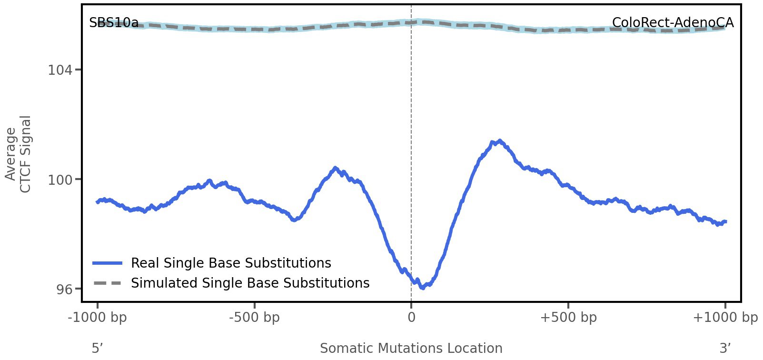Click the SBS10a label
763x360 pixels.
pos(114,23)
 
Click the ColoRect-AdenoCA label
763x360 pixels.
pos(673,23)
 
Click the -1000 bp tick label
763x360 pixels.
pos(98,318)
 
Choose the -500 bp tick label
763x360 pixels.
pos(254,318)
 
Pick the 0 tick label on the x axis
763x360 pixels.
pos(411,318)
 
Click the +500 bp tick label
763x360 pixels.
pos(568,318)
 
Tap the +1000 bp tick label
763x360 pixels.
pos(725,318)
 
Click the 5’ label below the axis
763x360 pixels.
pos(98,349)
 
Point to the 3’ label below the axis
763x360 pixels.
pos(725,349)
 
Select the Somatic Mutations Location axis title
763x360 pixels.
pos(411,349)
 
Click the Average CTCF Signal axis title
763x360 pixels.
pos(18,154)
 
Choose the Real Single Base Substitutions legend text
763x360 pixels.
pos(231,263)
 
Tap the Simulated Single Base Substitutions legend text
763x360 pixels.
pos(250,283)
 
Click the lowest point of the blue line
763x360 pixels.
pos(422,287)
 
